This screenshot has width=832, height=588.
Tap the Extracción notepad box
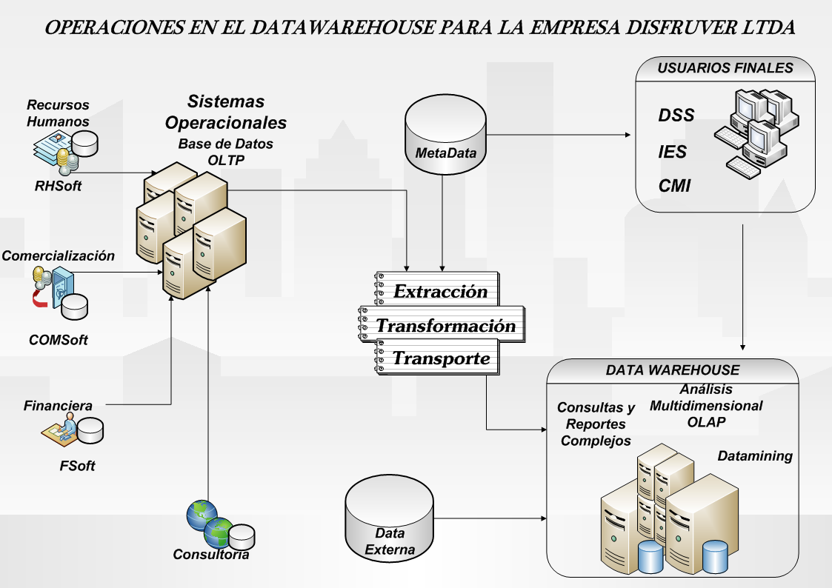[x=436, y=290]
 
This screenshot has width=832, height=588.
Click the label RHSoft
[x=58, y=186]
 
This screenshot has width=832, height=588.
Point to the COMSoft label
[x=59, y=340]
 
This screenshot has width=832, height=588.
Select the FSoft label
[x=77, y=466]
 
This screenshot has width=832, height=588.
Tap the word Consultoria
[x=210, y=554]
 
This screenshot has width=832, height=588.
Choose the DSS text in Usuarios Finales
[x=676, y=116]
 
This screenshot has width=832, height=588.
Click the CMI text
[x=674, y=186]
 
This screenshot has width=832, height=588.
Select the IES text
[x=673, y=153]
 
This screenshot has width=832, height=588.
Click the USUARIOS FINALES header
[x=725, y=68]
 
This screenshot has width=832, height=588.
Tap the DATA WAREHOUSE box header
[x=672, y=370]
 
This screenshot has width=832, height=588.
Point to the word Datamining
[x=755, y=456]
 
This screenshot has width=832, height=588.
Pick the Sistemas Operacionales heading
[x=225, y=111]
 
